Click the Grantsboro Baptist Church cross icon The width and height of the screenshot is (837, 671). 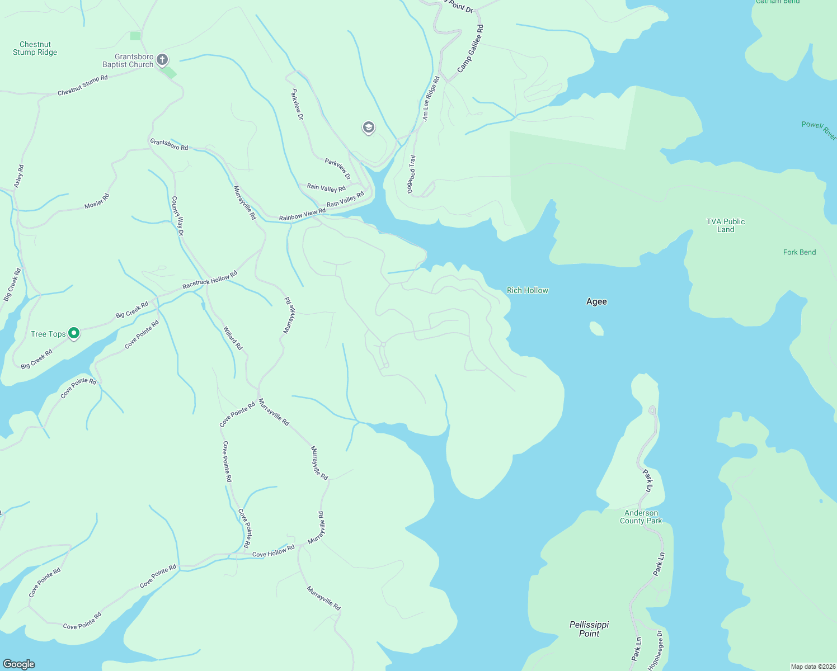[x=162, y=59]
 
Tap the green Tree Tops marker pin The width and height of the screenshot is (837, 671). [x=74, y=334]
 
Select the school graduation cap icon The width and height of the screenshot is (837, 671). [x=368, y=128]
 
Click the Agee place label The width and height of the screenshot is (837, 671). [x=596, y=302]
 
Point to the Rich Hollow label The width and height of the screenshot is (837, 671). [x=527, y=290]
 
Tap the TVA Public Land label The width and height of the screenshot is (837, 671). [x=726, y=225]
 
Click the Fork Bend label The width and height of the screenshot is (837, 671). [x=799, y=252]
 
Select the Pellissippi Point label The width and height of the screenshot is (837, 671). [x=589, y=629]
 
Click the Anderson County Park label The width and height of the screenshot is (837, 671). [x=641, y=517]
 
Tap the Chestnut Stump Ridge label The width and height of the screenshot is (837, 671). [x=35, y=49]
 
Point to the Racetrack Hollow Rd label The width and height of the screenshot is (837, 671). [x=210, y=280]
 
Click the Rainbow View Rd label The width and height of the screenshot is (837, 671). [x=302, y=215]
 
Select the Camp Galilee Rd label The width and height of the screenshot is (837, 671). [x=470, y=49]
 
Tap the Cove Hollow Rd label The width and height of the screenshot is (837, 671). [x=273, y=552]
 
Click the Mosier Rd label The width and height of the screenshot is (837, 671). [x=97, y=201]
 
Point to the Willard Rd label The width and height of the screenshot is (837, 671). [x=233, y=338]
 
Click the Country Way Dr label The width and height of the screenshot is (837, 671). [x=177, y=216]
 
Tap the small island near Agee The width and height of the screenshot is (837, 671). [x=597, y=328]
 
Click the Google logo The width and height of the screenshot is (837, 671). [x=19, y=664]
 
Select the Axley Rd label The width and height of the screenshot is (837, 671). [x=19, y=176]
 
